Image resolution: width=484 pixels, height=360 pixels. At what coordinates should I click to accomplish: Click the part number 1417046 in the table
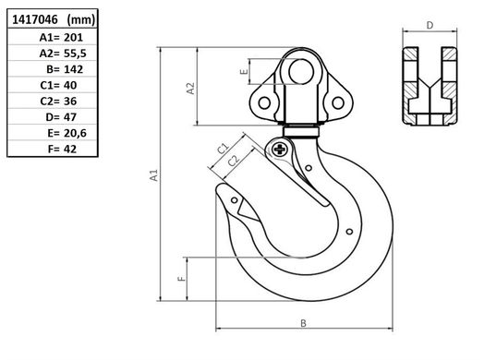coord(35,19)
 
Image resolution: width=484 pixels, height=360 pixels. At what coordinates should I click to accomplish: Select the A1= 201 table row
coord(61,37)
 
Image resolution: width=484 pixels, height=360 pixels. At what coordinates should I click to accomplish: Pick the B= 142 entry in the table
coord(65,69)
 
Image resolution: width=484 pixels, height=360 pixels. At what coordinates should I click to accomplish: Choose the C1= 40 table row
coord(58,85)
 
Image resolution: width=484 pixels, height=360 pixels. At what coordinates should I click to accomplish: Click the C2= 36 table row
coord(58,102)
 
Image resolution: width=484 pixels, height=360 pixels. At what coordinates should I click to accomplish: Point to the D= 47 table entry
coord(61,117)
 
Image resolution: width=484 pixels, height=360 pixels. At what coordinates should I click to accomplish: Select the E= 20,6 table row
coord(67,133)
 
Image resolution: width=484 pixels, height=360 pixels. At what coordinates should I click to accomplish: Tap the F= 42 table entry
coord(62,150)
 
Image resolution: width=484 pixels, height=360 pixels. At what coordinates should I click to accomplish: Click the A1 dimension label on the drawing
coord(153,174)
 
